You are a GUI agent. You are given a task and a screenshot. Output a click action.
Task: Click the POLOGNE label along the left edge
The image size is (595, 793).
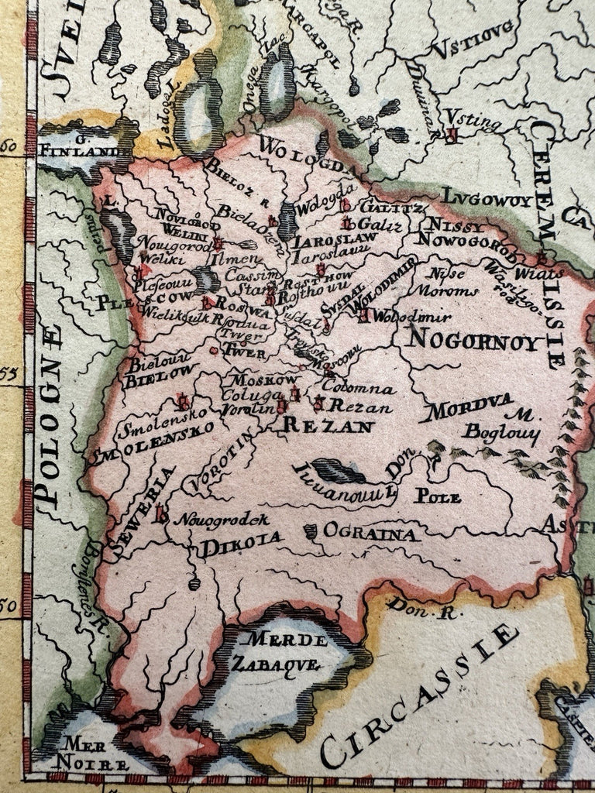[x=52, y=419]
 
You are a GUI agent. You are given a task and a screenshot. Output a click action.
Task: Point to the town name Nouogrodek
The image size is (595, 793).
[x=221, y=520]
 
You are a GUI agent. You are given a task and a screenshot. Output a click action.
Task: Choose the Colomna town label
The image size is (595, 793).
[x=359, y=388]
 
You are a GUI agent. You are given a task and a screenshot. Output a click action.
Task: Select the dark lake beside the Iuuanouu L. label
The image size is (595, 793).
[x=338, y=469]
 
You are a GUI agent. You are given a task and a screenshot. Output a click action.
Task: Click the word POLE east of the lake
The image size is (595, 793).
[x=437, y=496]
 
